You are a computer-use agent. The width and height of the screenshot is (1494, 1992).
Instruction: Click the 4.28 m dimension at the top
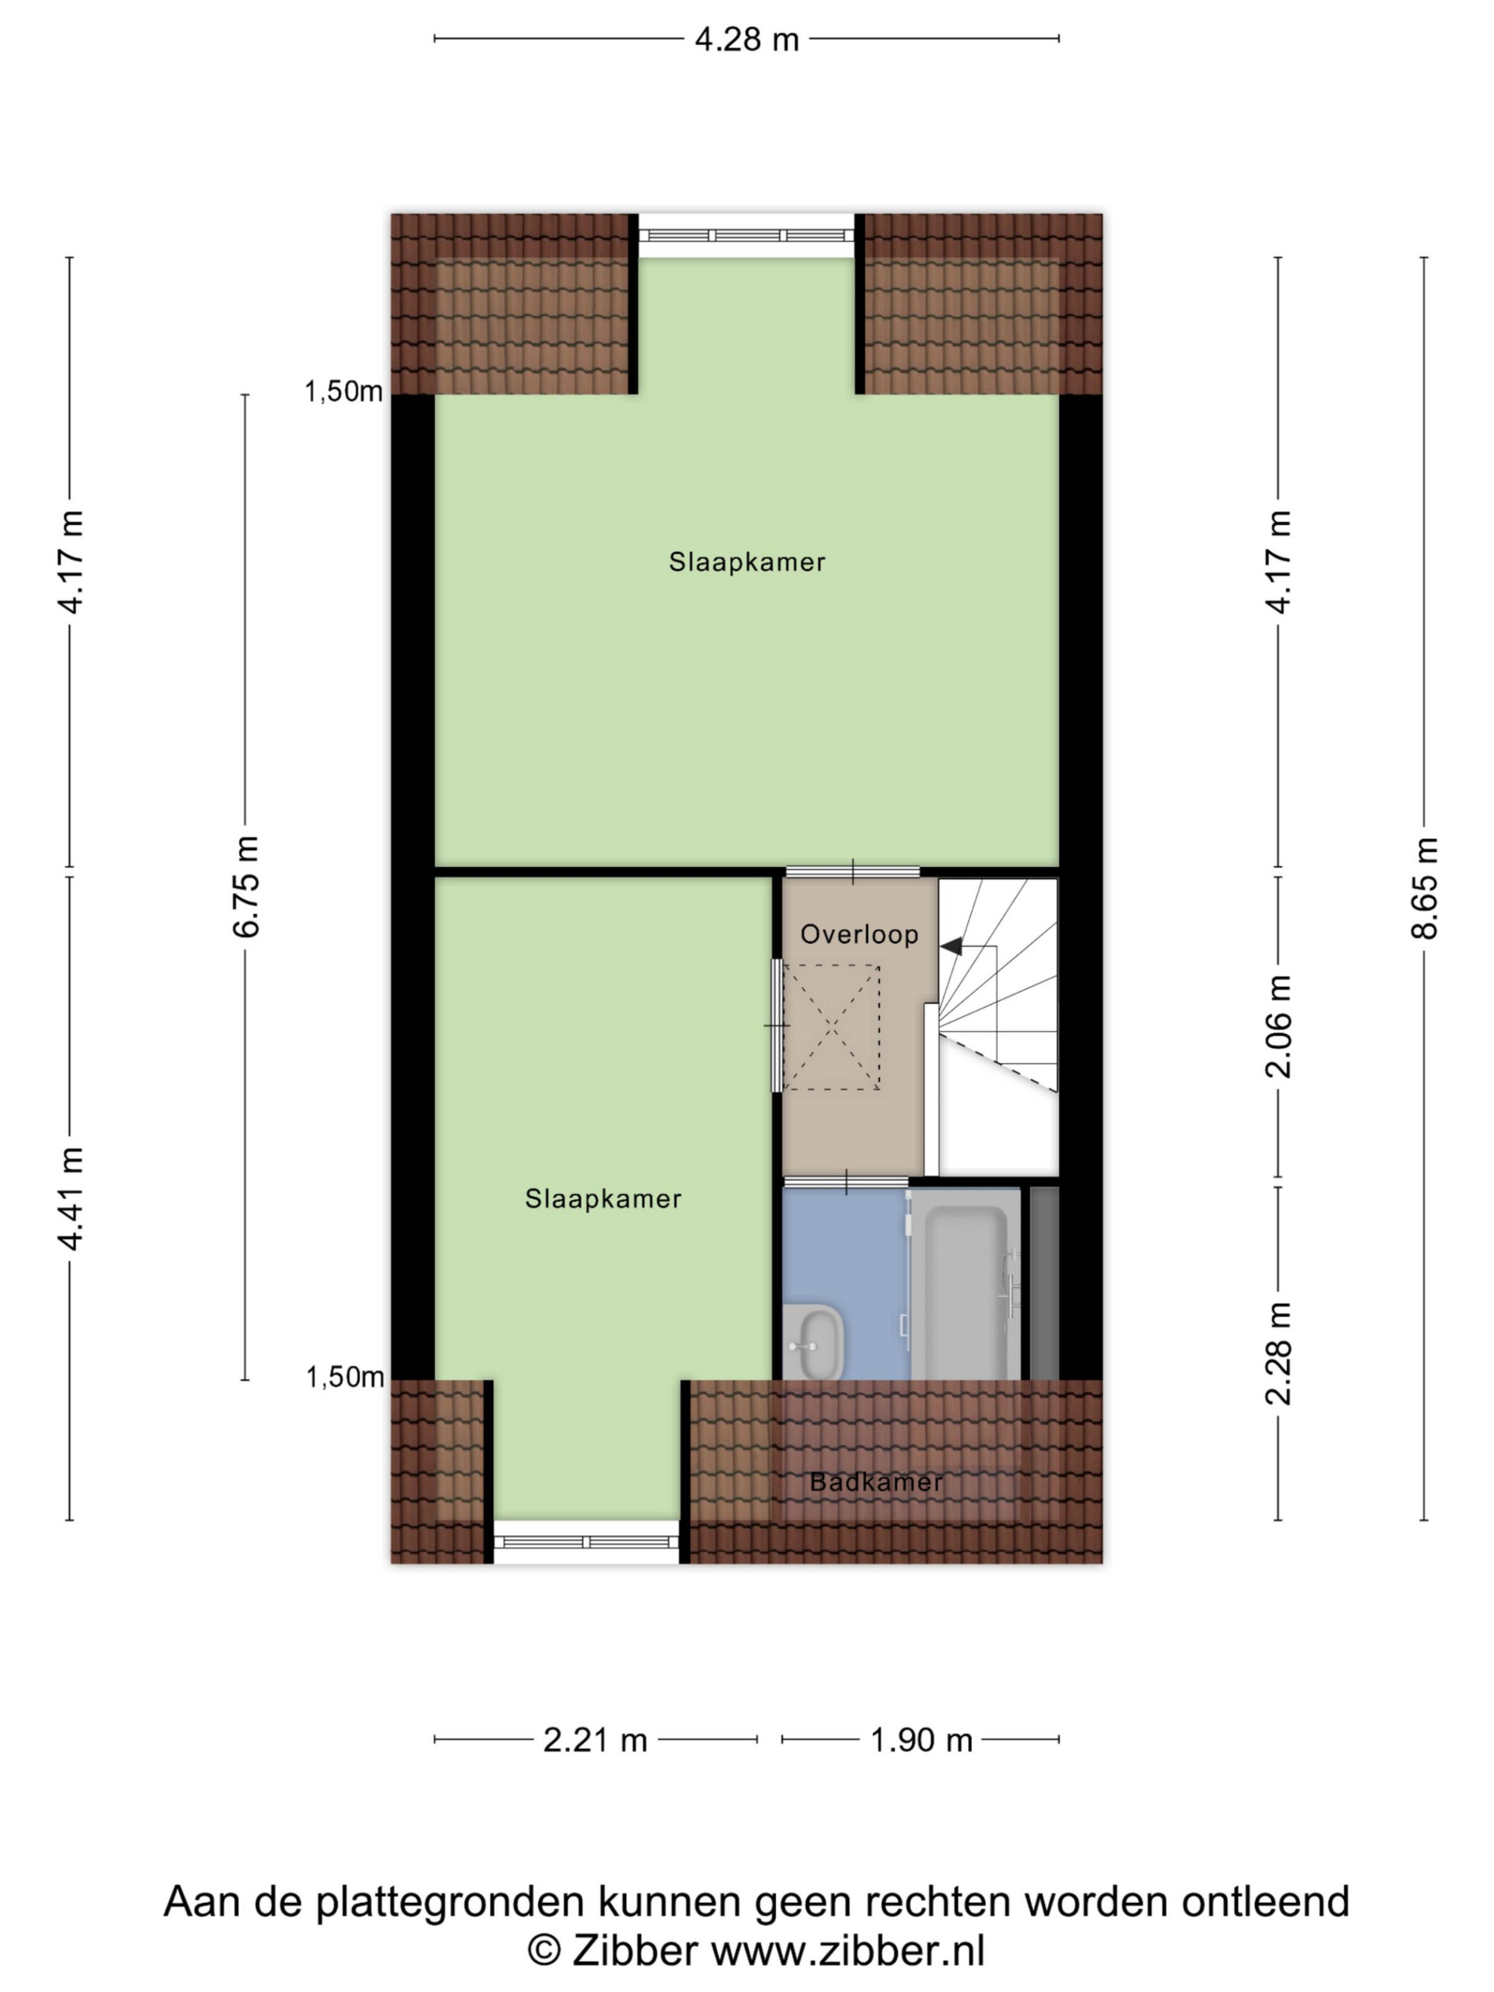pyautogui.click(x=746, y=40)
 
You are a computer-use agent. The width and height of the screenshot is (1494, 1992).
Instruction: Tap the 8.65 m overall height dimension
pyautogui.click(x=1424, y=888)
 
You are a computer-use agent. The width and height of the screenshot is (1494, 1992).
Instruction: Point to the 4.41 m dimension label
pyautogui.click(x=70, y=1199)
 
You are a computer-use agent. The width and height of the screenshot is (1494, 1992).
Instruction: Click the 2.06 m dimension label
pyautogui.click(x=1278, y=1026)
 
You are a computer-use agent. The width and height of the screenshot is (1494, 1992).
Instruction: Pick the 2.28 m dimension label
pyautogui.click(x=1278, y=1353)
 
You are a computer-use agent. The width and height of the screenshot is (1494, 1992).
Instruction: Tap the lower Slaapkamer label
pyautogui.click(x=604, y=1199)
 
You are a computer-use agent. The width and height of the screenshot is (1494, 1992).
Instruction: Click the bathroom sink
pyautogui.click(x=813, y=1341)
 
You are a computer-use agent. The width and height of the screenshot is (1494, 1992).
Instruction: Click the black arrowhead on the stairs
pyautogui.click(x=951, y=946)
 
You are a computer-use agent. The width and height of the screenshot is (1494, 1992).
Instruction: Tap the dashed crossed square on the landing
pyautogui.click(x=831, y=1028)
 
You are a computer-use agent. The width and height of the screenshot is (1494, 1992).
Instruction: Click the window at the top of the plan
pyautogui.click(x=746, y=236)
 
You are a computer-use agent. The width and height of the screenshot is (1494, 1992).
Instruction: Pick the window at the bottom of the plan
pyautogui.click(x=586, y=1542)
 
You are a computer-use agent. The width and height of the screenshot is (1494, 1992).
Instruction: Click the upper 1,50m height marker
pyautogui.click(x=343, y=391)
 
